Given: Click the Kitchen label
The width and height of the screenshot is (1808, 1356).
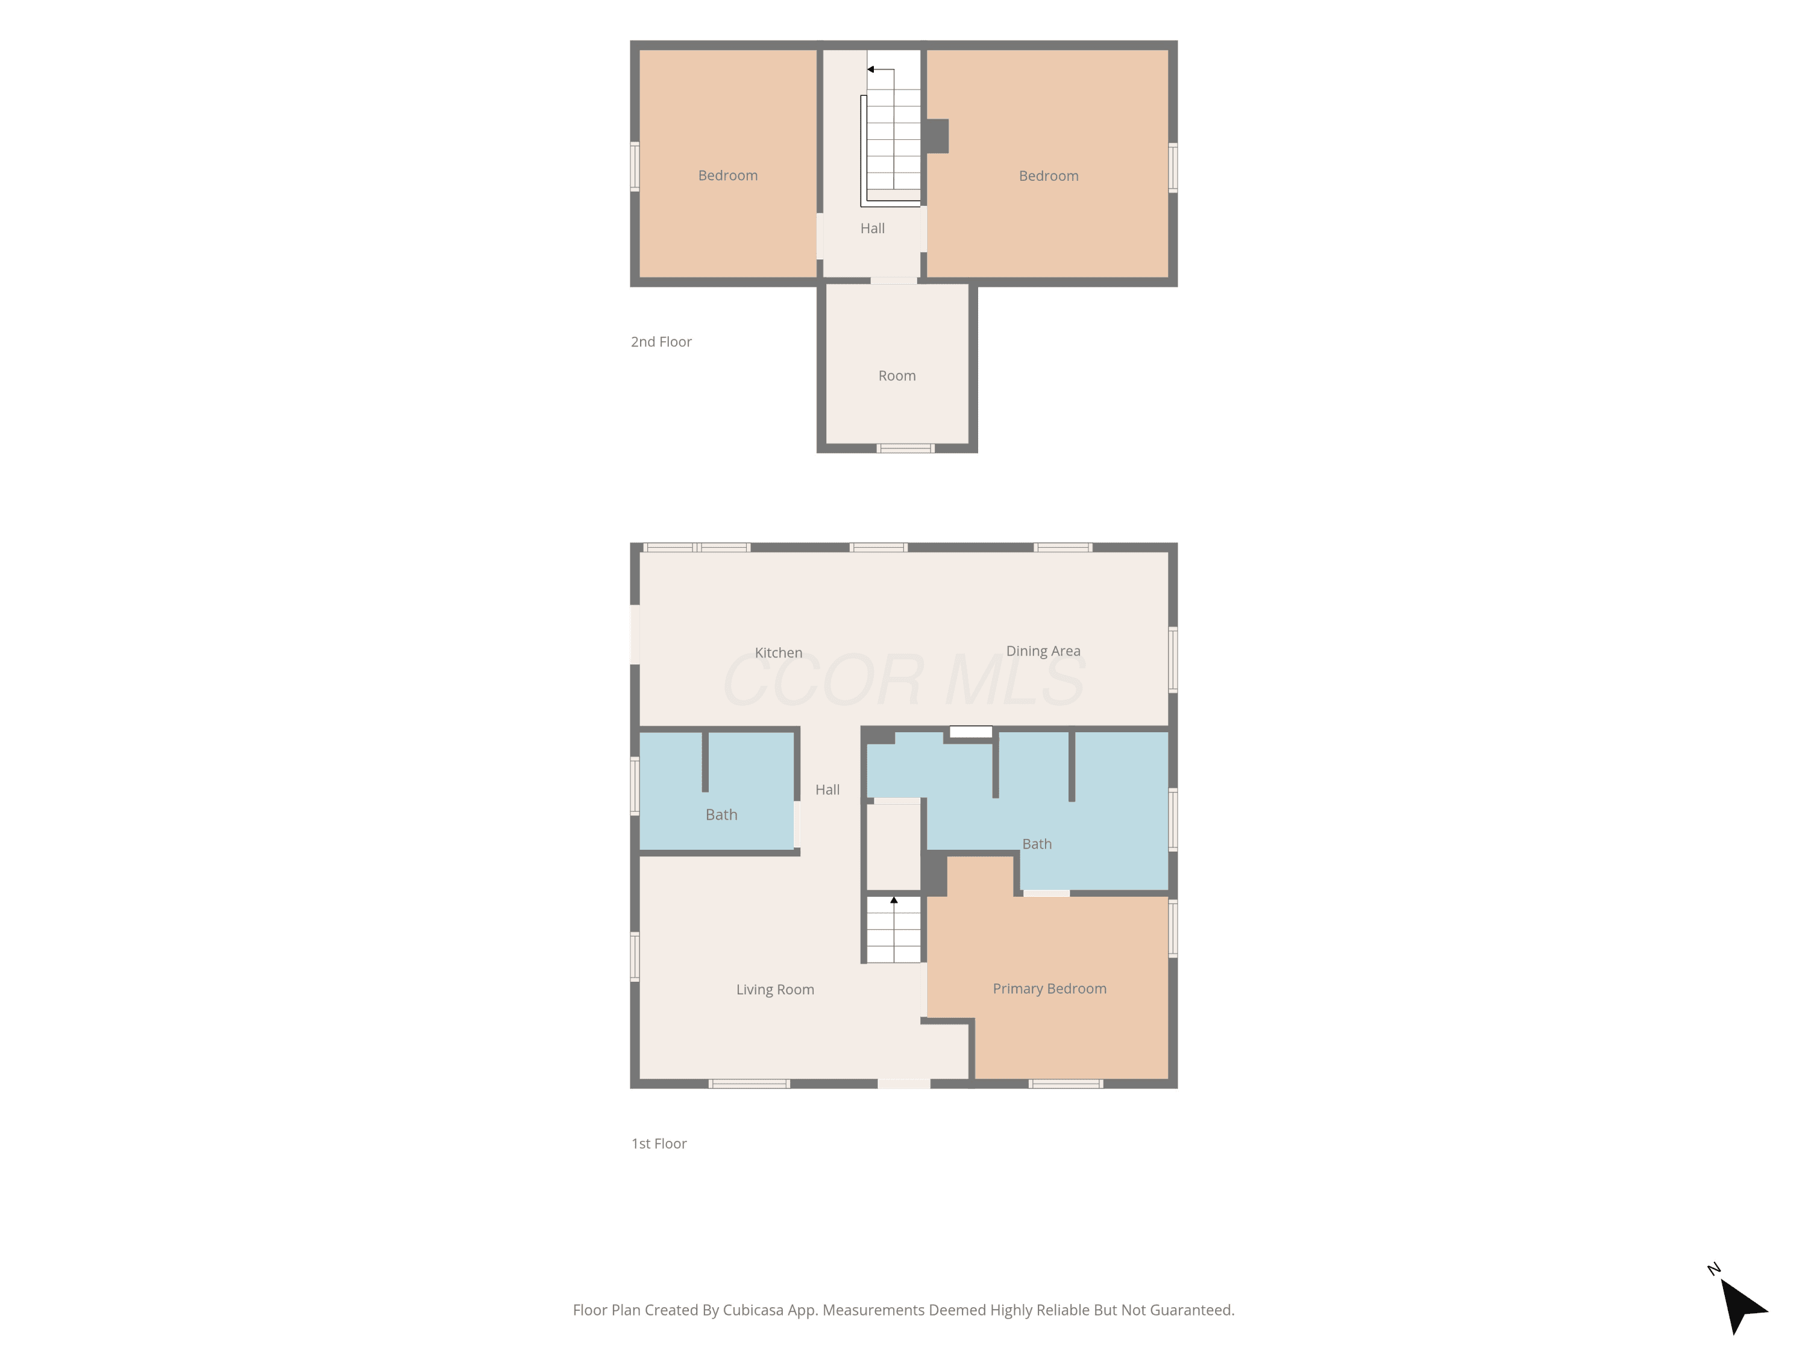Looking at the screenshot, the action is point(778,652).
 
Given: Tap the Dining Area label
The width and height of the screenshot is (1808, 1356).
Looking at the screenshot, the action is point(1043,651).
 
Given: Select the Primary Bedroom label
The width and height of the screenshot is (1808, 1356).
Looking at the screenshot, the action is point(1049,988).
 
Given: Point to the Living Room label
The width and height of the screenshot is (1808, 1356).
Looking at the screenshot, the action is point(775,989).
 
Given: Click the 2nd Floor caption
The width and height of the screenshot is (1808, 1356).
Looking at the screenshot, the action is point(661,342).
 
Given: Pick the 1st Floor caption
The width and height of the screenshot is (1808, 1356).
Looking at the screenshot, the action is point(659,1143).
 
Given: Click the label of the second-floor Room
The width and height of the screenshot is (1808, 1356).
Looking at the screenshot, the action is point(897,376).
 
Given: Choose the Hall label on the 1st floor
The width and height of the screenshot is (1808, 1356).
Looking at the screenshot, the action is point(827,789).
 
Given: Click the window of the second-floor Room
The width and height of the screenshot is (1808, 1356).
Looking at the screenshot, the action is point(906,448).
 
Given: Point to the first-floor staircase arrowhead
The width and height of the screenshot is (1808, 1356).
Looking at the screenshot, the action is point(894,900).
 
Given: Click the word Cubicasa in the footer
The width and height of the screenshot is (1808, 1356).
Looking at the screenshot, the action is point(753,1310).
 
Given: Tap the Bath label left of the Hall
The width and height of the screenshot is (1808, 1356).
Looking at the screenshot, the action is point(721,815).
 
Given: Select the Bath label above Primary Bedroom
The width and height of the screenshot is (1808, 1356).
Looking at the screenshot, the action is point(1037,844).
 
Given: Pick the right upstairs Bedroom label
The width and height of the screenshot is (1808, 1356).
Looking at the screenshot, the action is point(1049,177).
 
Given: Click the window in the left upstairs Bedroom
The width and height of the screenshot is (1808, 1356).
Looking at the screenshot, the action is point(634,167).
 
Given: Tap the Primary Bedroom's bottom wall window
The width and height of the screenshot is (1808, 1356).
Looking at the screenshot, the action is point(1066,1084).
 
